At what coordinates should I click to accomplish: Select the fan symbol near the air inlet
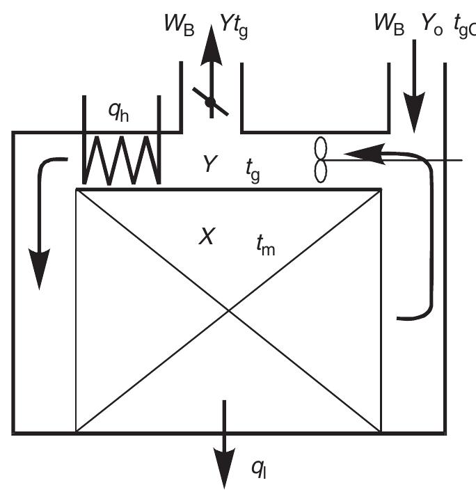(x=321, y=159)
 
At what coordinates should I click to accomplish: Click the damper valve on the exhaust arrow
(x=209, y=102)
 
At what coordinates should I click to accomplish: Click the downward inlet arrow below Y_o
(x=415, y=104)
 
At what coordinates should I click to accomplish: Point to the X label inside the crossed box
(x=205, y=237)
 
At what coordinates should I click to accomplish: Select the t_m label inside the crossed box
(x=262, y=244)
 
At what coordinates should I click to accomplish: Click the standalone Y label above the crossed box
(x=209, y=164)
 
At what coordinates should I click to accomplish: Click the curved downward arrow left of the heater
(x=42, y=223)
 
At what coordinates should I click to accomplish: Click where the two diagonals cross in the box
(x=228, y=310)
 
